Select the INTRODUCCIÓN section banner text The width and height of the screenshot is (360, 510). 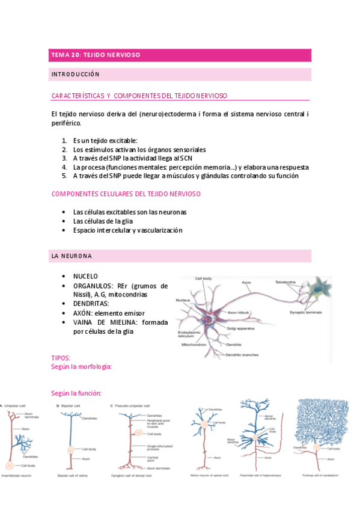(x=75, y=75)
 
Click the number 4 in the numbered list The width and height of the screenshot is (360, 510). (x=64, y=167)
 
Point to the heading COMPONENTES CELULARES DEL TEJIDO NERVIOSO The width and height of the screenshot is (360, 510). (x=126, y=194)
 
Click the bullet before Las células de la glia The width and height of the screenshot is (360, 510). (x=64, y=221)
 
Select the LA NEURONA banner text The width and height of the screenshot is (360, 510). (x=72, y=256)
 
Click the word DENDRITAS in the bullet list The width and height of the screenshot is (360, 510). (x=95, y=304)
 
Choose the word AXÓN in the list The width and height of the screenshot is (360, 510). (x=84, y=313)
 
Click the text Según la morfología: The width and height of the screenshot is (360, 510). (x=82, y=366)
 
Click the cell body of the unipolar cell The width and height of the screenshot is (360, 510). (x=10, y=465)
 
